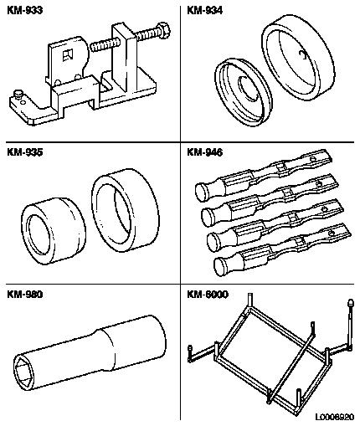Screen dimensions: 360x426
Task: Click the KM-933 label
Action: (x=24, y=10)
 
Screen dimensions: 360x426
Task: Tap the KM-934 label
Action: (x=204, y=10)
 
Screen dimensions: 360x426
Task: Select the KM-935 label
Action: (x=24, y=152)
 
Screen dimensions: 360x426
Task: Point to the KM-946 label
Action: (x=204, y=152)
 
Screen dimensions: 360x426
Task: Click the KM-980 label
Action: (x=24, y=295)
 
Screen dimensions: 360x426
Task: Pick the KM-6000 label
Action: (x=208, y=295)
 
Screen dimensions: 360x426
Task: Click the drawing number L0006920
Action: (x=335, y=418)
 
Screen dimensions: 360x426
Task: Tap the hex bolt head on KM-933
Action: (x=164, y=30)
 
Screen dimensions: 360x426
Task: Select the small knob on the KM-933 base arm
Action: (x=19, y=94)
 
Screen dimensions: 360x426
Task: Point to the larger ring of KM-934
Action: (x=298, y=58)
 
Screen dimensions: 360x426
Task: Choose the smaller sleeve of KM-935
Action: (x=54, y=230)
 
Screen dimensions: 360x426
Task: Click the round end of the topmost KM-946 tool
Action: (x=202, y=192)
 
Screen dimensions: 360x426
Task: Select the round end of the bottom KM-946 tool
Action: (x=220, y=267)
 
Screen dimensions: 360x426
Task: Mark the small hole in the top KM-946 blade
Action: (x=313, y=159)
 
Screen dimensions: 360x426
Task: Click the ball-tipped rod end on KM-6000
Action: (x=350, y=303)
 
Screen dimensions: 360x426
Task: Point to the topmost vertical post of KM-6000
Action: (x=250, y=300)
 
